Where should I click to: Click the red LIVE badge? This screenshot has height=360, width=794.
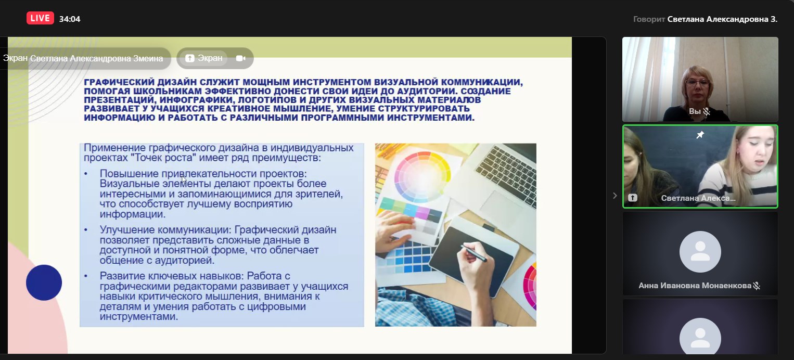click(40, 18)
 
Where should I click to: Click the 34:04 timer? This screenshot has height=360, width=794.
click(70, 19)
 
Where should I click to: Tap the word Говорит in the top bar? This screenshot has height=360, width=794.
click(649, 19)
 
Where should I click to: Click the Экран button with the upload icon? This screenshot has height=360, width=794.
click(204, 58)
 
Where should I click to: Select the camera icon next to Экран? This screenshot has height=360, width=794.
click(241, 58)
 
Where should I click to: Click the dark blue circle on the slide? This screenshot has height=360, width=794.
click(44, 282)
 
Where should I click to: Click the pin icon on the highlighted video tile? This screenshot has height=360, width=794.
click(700, 135)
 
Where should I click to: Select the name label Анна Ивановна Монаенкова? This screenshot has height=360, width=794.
click(695, 286)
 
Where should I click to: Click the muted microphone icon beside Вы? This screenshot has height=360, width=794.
click(707, 112)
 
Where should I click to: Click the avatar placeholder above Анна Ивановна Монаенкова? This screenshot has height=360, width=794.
click(700, 252)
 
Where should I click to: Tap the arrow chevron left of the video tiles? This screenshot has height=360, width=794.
click(615, 196)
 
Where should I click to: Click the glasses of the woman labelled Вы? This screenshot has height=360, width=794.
click(697, 83)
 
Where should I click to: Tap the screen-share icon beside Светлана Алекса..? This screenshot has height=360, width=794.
click(633, 198)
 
